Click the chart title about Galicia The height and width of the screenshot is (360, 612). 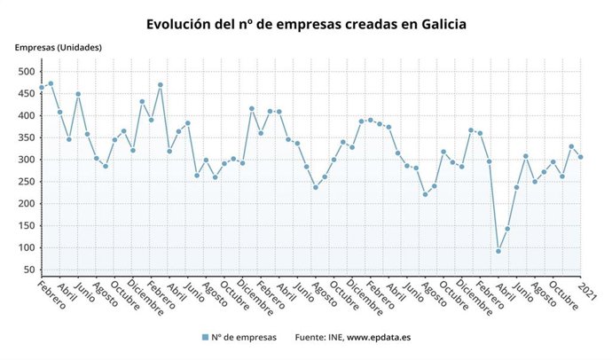point(306,23)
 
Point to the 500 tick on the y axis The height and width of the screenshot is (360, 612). point(27,72)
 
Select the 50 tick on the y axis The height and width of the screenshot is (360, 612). point(29,270)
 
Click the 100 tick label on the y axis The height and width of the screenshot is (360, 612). point(27,247)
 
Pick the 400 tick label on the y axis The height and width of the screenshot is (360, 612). point(27,116)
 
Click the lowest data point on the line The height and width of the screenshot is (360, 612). point(498,251)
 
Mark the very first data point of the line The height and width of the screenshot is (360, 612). point(42,87)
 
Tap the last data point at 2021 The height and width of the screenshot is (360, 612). point(581,157)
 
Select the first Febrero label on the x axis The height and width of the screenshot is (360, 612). point(52,296)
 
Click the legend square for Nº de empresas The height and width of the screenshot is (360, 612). point(206,337)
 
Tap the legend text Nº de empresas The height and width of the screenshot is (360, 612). point(245,337)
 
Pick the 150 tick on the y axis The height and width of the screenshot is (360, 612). point(27,225)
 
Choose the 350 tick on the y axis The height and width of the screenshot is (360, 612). point(27,137)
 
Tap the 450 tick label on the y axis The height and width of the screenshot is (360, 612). point(27,94)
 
